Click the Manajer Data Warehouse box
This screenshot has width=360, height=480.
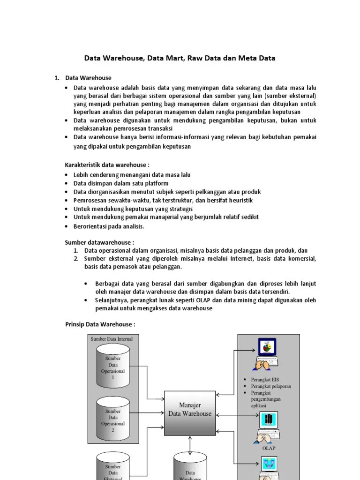point(190,409)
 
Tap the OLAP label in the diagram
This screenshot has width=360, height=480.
point(269,448)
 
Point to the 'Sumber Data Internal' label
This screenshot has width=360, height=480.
point(112,339)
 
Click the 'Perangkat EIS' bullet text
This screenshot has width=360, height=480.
point(264,380)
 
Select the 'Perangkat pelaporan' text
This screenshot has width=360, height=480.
point(271,386)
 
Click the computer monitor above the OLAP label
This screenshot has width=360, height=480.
point(269,420)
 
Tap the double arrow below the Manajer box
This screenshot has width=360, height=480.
point(190,444)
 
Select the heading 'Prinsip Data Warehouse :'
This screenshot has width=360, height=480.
point(99,324)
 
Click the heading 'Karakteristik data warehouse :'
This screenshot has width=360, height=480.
point(107,165)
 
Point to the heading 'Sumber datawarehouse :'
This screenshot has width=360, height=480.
point(99,242)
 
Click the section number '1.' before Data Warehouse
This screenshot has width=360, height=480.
point(57,78)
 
